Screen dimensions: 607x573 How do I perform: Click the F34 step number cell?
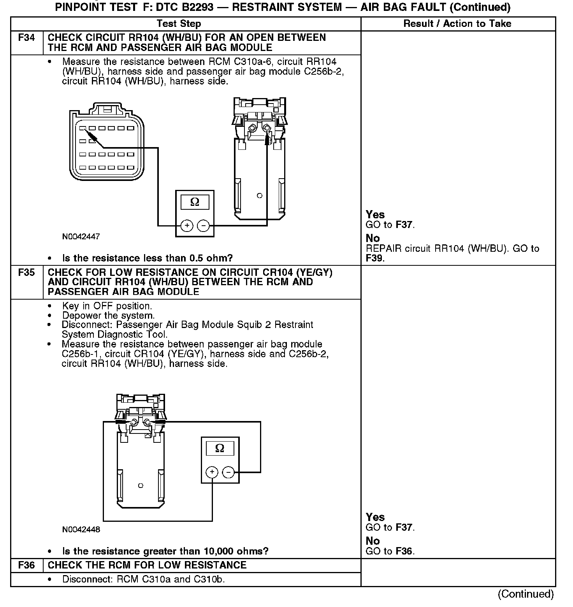(x=26, y=38)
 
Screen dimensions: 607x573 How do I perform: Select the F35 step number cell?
(x=26, y=273)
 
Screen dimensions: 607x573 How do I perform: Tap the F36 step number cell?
(x=26, y=565)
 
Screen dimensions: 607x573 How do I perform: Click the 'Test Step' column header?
(x=179, y=24)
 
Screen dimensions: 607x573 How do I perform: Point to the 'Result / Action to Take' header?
(x=457, y=24)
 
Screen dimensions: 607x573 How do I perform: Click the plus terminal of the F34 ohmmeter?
(x=187, y=226)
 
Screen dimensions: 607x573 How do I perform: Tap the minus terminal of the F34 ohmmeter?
(x=203, y=226)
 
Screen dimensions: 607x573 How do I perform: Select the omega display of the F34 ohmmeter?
(x=195, y=202)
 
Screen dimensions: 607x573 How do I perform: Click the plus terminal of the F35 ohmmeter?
(x=212, y=472)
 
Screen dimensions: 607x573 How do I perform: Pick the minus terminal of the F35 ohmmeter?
(x=228, y=472)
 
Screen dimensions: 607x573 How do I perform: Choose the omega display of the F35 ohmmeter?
(x=220, y=449)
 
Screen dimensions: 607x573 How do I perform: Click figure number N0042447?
(x=81, y=237)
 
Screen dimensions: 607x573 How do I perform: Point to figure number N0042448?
(x=81, y=530)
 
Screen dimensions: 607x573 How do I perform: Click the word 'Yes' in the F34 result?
(x=375, y=215)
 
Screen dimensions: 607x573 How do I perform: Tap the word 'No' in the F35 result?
(x=373, y=541)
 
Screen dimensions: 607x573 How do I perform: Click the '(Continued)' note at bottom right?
(x=526, y=594)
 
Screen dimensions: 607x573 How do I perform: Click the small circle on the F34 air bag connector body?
(x=260, y=195)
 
